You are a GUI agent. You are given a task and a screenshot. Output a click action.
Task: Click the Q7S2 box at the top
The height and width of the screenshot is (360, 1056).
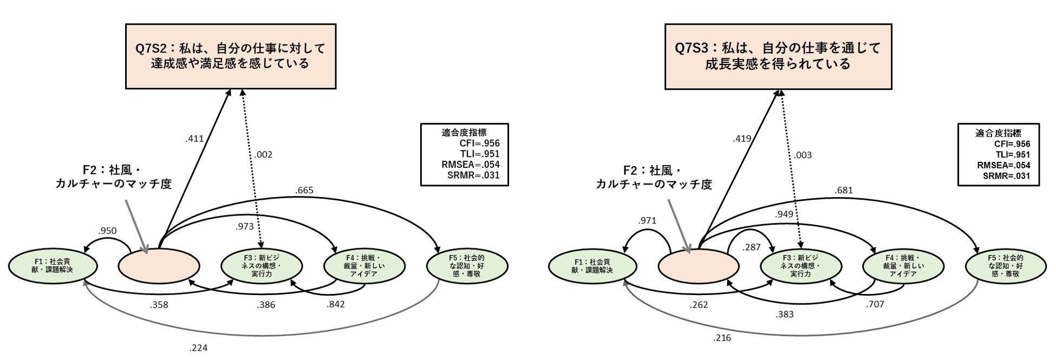[230, 56]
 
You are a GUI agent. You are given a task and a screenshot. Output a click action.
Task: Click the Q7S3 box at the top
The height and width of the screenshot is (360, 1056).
[778, 56]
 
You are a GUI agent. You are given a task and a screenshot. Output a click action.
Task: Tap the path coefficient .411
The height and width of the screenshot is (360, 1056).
[194, 139]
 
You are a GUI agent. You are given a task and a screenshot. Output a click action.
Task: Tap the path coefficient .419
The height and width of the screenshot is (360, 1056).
[742, 139]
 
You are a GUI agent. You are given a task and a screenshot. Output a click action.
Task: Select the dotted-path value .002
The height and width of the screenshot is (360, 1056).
[263, 155]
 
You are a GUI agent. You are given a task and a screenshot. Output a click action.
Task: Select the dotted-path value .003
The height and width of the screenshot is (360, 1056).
[803, 155]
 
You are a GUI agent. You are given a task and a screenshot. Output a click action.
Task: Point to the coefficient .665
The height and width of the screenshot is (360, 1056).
[304, 191]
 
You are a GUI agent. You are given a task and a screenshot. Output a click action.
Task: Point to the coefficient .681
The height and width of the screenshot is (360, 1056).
[844, 191]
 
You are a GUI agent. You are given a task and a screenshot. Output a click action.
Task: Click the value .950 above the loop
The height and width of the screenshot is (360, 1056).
[107, 231]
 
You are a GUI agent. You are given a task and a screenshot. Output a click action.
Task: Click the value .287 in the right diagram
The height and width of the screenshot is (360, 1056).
[752, 247]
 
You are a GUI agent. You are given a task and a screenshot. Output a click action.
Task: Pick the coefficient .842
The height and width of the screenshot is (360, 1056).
[335, 304]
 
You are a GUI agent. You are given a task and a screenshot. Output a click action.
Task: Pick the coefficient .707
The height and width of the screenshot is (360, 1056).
[875, 304]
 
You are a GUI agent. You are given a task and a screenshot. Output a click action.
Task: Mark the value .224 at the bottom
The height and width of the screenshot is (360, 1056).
[198, 348]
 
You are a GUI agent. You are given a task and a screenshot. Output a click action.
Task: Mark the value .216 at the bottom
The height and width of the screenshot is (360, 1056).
[722, 338]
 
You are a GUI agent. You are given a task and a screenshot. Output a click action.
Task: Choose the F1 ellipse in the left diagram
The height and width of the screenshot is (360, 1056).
[53, 266]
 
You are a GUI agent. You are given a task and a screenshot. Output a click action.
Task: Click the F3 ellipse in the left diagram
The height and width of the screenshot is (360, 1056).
[262, 266]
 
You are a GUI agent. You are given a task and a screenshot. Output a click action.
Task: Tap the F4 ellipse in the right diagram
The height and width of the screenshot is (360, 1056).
[903, 266]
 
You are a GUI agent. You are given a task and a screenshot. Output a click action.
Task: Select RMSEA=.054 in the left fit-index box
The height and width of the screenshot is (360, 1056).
[470, 165]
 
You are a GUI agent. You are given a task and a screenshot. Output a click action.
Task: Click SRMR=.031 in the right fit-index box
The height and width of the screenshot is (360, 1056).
[1006, 175]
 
